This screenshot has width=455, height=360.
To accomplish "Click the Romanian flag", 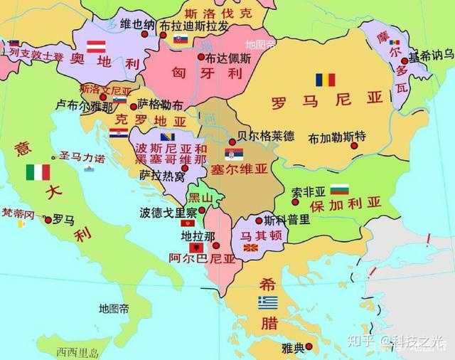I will (x=325, y=80).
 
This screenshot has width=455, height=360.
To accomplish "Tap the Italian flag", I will (x=38, y=172).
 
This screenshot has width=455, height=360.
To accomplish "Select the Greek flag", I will (x=267, y=302).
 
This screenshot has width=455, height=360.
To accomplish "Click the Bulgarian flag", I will (x=340, y=190).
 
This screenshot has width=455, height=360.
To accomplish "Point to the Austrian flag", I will (x=96, y=47).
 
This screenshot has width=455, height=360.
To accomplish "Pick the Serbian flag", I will (x=234, y=154).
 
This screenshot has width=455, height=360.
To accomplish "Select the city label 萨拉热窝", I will (x=160, y=174).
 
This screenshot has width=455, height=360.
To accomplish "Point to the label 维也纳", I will (x=137, y=24).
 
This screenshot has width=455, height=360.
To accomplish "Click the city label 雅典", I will (x=291, y=347).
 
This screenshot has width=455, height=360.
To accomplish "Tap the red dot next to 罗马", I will (x=48, y=220).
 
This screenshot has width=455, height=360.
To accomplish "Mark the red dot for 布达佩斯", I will (x=201, y=57).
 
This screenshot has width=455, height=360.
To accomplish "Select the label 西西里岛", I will (x=77, y=351).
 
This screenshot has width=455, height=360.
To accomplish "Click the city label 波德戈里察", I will (x=168, y=211).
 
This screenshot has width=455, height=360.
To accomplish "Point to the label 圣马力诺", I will (x=81, y=157).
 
